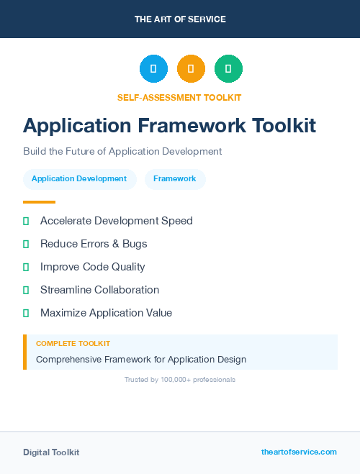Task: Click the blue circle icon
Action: coord(153,68)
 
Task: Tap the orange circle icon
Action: coord(191,68)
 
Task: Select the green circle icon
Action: coord(228,68)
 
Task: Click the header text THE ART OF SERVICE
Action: coord(180,19)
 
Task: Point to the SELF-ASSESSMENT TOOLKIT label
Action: coord(179,97)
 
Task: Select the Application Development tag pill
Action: coord(79,178)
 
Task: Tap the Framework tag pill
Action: coord(175,178)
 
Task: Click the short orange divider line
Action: coord(39,202)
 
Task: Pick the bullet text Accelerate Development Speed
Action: coord(117,221)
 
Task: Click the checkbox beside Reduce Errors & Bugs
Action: coord(26,244)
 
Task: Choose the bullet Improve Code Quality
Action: coord(93,267)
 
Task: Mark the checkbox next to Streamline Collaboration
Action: coord(26,290)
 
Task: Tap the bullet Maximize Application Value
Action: coord(106,313)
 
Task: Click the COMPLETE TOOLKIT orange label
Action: coord(73,344)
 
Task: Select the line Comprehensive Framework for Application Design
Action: coord(141,359)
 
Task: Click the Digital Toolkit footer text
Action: coord(51,452)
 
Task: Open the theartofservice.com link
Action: coord(299,452)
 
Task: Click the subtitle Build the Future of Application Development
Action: coord(122,151)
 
